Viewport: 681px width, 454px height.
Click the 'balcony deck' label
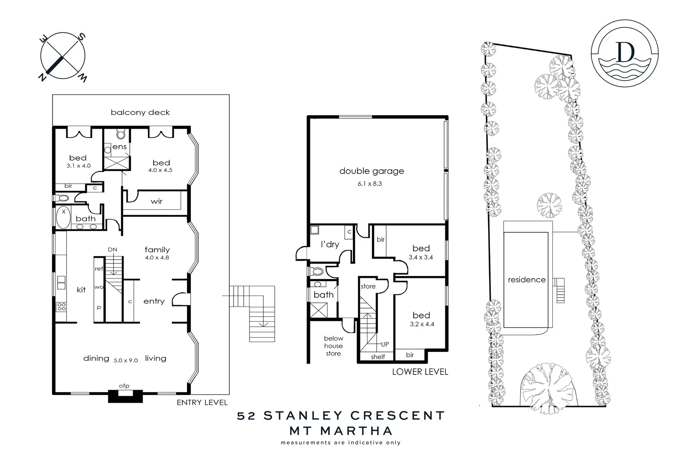(140, 112)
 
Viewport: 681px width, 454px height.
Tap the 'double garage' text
(371, 171)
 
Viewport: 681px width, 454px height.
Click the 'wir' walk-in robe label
(156, 201)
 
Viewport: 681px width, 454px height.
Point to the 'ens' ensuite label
(120, 147)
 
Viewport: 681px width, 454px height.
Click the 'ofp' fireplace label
(124, 386)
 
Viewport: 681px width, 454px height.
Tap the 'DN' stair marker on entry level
(112, 249)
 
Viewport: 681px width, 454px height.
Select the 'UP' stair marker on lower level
(385, 344)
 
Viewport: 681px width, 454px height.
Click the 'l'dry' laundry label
(330, 244)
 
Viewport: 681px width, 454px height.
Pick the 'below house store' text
(333, 346)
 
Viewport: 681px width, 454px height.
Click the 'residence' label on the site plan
(526, 280)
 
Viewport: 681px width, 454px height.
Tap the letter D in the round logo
(625, 53)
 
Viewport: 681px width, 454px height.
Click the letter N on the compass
(42, 77)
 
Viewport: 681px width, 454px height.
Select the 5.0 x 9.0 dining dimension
(126, 360)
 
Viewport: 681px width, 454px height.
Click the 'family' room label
(157, 250)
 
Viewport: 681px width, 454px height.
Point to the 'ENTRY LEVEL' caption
(202, 402)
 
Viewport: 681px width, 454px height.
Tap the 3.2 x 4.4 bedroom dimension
(421, 324)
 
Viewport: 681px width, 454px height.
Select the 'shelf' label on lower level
(378, 357)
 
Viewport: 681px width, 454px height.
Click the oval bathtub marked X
(64, 218)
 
